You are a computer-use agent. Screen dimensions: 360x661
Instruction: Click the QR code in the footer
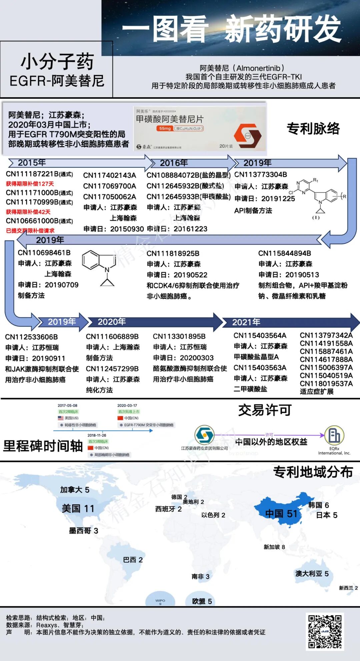tap(325, 631)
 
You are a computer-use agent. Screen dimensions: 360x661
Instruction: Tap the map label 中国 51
tap(281, 514)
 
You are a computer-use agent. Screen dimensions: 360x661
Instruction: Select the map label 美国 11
tap(78, 508)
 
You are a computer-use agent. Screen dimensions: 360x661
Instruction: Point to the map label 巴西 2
tap(133, 560)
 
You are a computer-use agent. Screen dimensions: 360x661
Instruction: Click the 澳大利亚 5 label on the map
tap(312, 573)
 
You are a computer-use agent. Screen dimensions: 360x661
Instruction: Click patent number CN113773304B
tap(261, 175)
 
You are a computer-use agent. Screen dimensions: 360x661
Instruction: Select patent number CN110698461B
tap(44, 253)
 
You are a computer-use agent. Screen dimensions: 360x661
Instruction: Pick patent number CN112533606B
tap(31, 337)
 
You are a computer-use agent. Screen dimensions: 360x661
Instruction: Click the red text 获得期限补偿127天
tap(30, 184)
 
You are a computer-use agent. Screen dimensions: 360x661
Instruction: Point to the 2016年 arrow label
tap(174, 163)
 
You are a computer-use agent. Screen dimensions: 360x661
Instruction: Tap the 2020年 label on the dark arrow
tap(111, 322)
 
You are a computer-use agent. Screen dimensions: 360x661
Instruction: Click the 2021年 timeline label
tap(246, 322)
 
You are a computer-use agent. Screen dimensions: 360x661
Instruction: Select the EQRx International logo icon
tap(334, 435)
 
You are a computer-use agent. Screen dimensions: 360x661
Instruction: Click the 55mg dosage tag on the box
tap(165, 128)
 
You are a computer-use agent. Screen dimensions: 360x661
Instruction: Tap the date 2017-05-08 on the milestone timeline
tap(67, 405)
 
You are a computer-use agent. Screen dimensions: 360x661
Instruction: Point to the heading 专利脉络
tap(313, 129)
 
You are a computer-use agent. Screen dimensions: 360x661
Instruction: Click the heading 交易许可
tap(265, 410)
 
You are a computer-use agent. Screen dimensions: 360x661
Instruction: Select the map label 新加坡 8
tap(274, 547)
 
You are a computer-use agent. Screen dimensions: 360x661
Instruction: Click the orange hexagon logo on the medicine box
tap(247, 135)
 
